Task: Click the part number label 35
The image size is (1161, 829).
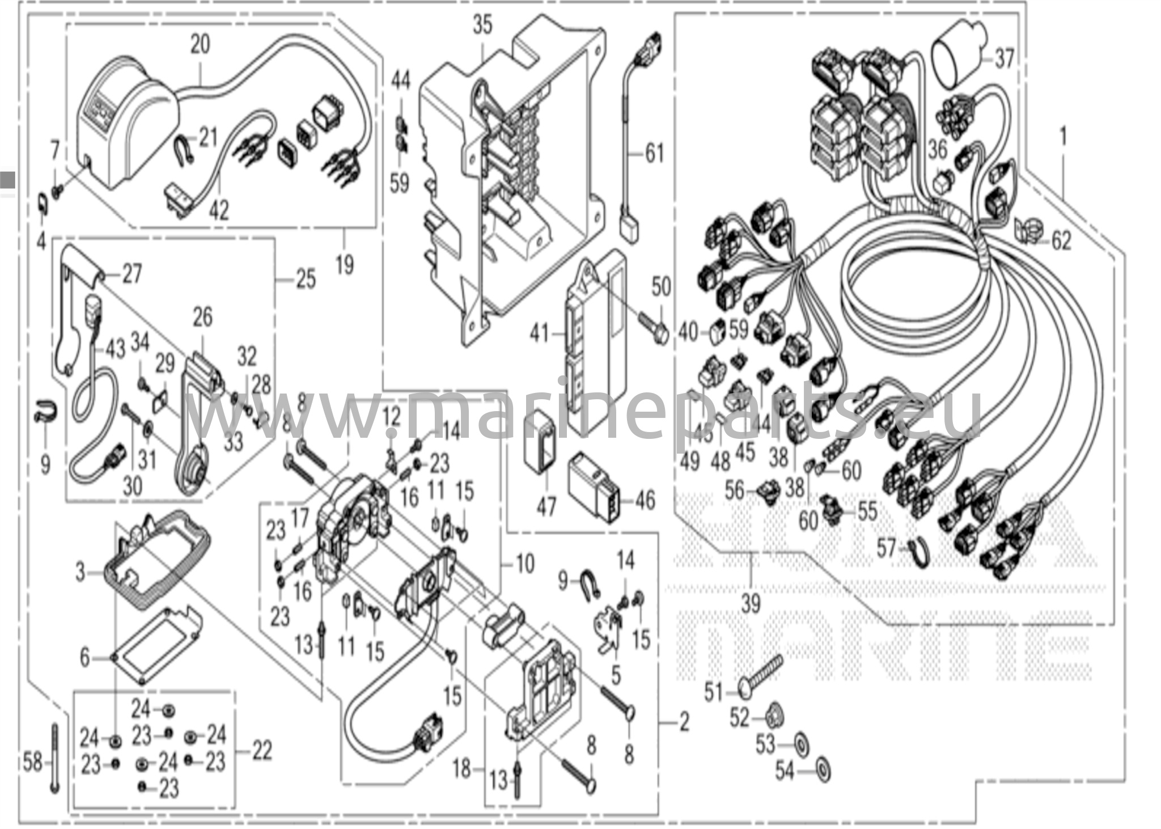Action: pos(482,26)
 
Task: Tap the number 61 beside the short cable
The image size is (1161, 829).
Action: pos(654,154)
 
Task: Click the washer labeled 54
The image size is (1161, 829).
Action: pos(821,768)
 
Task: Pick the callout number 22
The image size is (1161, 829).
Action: pos(261,752)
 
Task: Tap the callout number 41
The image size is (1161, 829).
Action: pos(539,333)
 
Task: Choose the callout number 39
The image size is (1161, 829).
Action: pos(751,604)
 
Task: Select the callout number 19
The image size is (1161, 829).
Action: pos(345,264)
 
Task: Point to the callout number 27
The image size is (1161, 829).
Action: pos(132,275)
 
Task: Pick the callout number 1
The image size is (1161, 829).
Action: pos(1063,137)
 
